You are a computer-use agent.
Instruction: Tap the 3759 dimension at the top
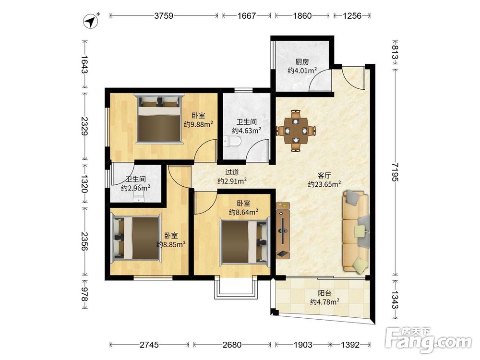coord(164,16)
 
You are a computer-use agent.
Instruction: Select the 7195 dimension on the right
coord(395,172)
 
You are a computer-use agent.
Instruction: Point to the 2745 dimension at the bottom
coord(149,345)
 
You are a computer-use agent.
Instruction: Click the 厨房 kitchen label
coord(302,62)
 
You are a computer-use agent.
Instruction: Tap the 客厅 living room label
coord(324,175)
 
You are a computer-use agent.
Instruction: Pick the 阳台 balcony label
coord(324,293)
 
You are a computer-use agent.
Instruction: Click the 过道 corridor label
coord(232,172)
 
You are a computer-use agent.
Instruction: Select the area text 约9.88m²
coord(198,124)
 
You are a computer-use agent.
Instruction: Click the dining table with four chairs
coord(295,131)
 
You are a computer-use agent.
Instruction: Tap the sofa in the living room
coord(356,231)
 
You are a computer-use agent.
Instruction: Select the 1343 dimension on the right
coord(395,300)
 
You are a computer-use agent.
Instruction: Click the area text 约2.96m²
coord(135,188)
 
